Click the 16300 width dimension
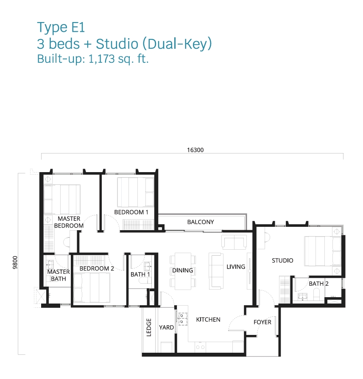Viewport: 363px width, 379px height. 195,150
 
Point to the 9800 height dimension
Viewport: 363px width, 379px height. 15,262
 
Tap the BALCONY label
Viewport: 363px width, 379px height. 201,222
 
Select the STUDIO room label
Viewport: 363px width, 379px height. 282,260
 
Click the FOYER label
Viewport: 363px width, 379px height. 262,322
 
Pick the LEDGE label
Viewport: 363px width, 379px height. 149,327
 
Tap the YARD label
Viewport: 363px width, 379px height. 166,327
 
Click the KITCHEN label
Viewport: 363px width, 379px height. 208,320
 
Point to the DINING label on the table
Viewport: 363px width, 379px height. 183,270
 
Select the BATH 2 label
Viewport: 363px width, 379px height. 318,284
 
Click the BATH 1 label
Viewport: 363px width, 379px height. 140,274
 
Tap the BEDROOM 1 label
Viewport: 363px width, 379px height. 131,212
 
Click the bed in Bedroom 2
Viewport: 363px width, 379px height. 92,287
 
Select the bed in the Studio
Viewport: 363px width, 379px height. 323,251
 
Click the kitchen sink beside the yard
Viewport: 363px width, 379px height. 183,319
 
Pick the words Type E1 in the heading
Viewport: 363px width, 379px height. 61,28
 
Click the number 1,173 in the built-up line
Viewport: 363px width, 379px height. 102,59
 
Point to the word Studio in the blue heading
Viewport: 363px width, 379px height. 117,44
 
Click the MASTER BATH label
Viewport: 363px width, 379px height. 58,275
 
